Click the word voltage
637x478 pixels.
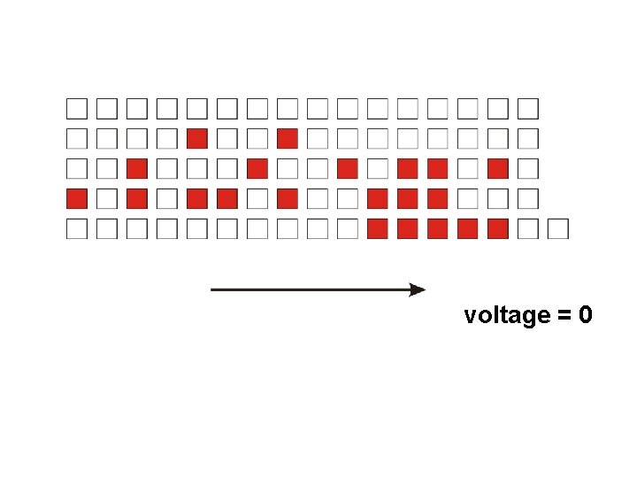507,315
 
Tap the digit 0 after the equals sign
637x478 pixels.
585,314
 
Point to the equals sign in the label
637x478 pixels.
563,315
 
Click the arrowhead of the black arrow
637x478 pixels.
418,289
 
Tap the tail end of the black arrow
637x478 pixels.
212,289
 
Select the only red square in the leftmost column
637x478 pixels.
77,198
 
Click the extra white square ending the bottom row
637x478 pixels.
557,228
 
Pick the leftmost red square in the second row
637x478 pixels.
197,138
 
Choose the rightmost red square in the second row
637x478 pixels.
287,138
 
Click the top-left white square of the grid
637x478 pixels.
77,108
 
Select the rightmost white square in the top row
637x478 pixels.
527,108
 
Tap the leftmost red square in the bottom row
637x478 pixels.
377,228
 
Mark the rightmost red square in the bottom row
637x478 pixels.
497,228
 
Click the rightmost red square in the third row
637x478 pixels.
497,168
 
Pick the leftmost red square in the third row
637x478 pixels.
137,168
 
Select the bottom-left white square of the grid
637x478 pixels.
77,228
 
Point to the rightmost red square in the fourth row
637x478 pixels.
437,198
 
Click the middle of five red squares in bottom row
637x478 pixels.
437,228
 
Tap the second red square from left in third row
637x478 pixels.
257,168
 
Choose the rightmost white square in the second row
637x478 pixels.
527,138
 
